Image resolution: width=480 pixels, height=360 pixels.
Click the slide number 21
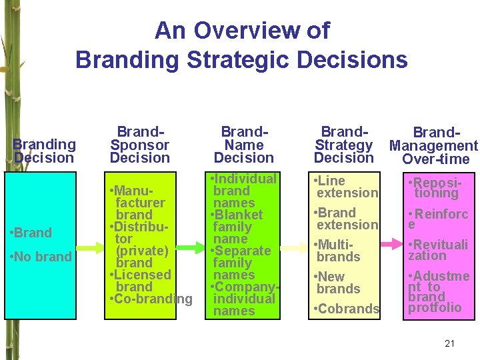click(x=449, y=343)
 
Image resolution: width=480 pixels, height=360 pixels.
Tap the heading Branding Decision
click(x=44, y=151)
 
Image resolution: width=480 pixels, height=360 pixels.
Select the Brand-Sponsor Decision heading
click(x=140, y=145)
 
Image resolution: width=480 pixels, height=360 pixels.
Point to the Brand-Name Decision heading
click(x=244, y=145)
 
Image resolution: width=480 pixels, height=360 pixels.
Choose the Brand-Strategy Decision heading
click(x=343, y=145)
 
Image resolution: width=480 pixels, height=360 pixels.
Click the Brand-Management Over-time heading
click(x=434, y=145)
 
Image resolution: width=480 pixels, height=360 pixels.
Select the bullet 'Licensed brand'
click(x=140, y=281)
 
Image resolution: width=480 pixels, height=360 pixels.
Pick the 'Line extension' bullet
click(x=345, y=187)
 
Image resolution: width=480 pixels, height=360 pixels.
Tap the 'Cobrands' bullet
click(x=346, y=309)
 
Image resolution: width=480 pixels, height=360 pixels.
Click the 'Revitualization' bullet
click(x=438, y=249)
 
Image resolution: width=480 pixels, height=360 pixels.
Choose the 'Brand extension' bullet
click(x=345, y=219)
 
